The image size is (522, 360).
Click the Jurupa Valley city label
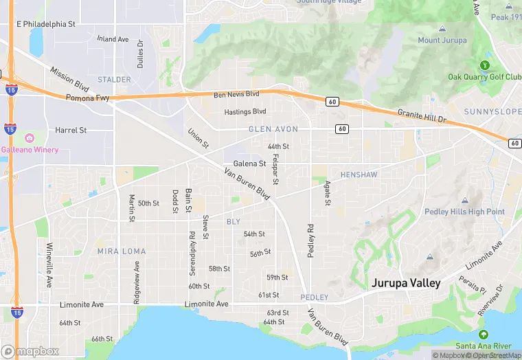pos(406,283)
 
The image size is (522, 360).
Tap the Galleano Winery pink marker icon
pos(28,137)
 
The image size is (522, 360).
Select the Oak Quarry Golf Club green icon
pos(485,65)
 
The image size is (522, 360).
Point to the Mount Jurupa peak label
pos(442,41)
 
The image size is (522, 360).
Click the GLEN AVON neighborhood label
pos(273,129)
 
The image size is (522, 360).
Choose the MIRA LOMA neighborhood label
pos(122,251)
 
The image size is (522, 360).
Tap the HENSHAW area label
pos(359,175)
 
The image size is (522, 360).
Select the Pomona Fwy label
pos(88,98)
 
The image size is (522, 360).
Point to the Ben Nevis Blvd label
pos(236,94)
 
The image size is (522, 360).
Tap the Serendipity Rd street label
pos(192,253)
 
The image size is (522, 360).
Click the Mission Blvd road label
pos(70,80)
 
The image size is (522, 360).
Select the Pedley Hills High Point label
pos(464,212)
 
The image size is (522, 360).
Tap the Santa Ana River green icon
pos(484,334)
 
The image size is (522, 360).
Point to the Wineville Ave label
pos(49,265)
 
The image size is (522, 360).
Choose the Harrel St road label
pos(71,130)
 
